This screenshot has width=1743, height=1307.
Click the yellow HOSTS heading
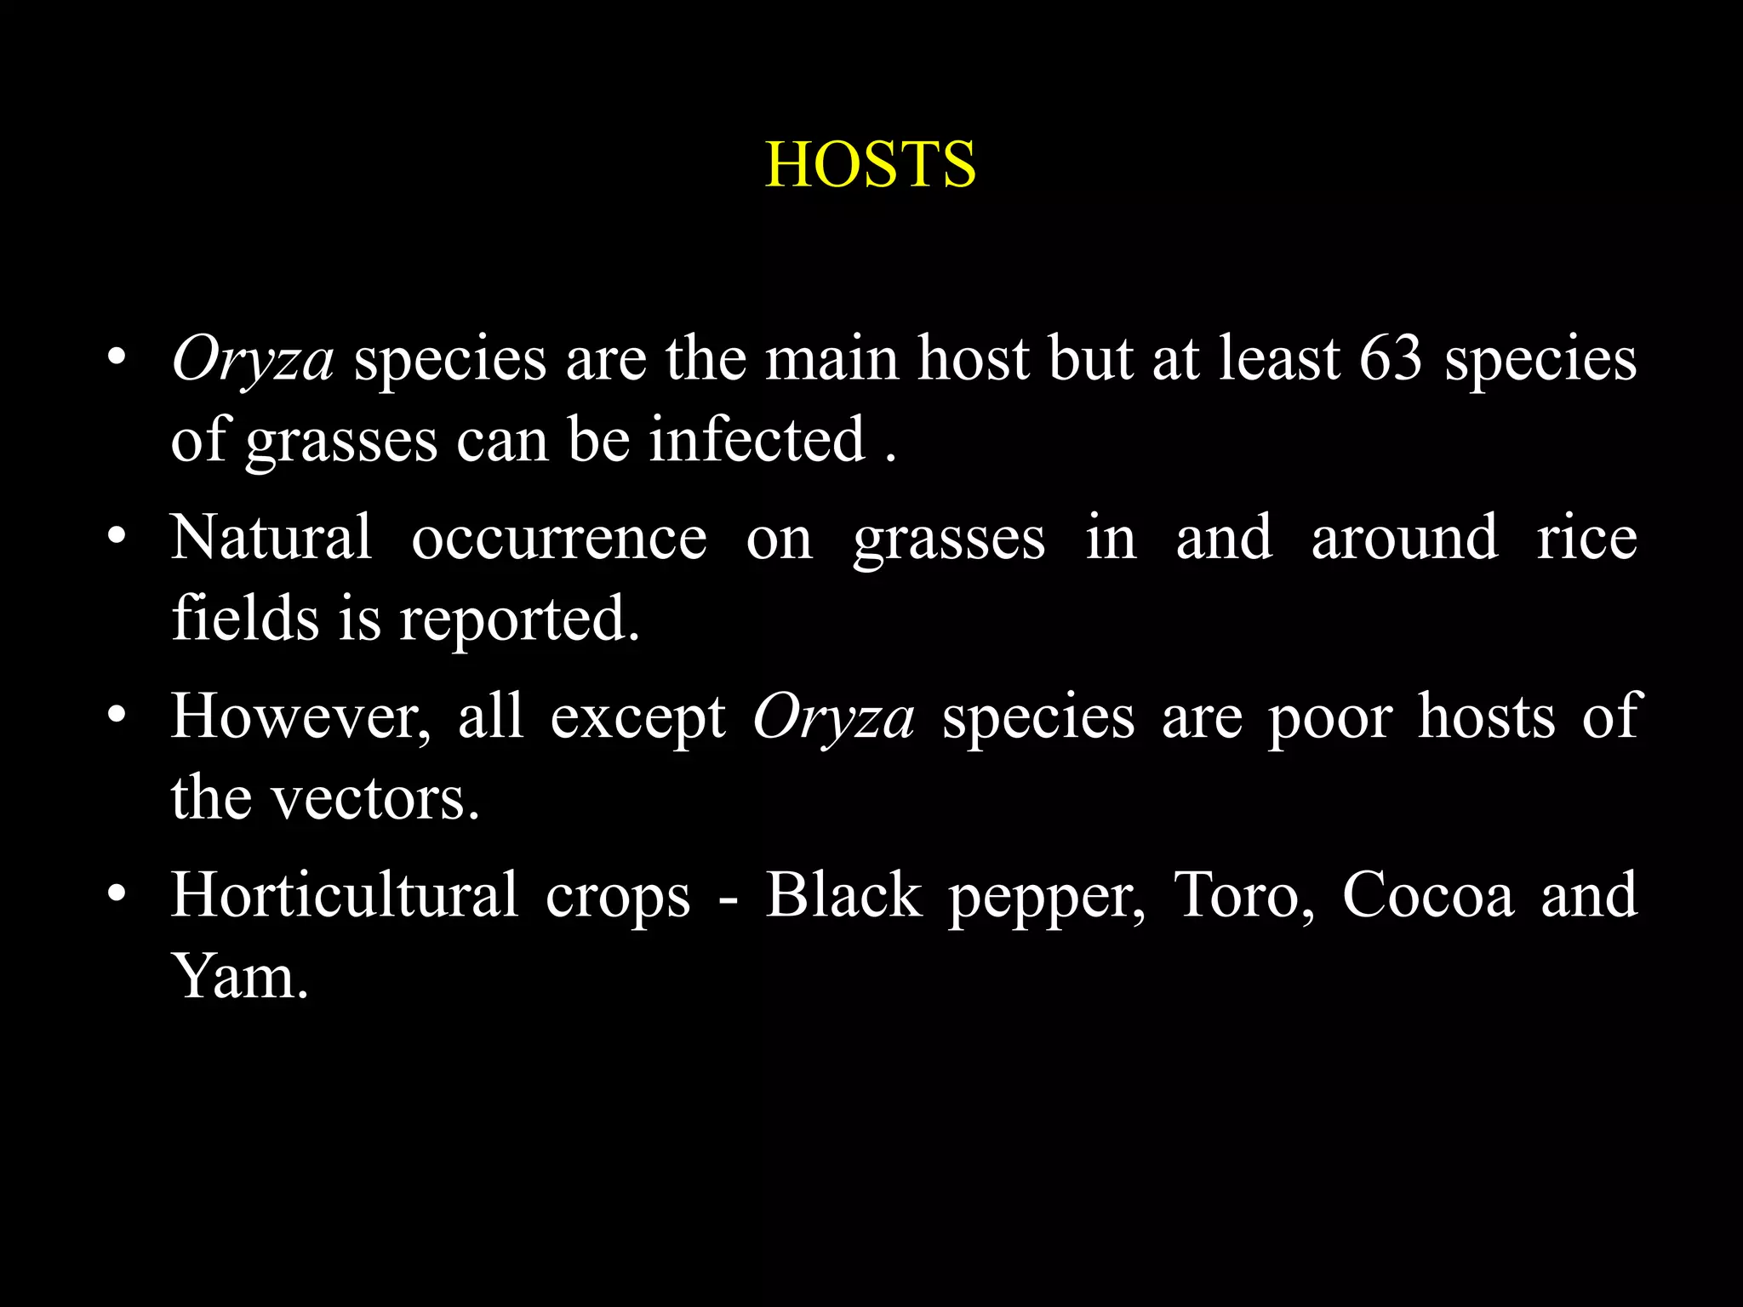870,164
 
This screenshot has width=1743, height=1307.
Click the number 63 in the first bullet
1390,358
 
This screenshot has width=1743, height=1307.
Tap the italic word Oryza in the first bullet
253,358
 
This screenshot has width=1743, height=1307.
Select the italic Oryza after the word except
833,716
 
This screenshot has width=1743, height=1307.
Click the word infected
757,440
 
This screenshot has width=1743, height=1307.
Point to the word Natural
271,538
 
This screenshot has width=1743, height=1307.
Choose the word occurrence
558,538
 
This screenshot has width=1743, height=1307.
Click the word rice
1586,538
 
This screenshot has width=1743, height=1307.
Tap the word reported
519,619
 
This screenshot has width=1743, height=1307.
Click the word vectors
375,798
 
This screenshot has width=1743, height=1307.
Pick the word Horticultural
344,895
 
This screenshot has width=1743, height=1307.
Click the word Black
843,895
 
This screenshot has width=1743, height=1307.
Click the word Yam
239,976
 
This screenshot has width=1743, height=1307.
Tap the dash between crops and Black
727,899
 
